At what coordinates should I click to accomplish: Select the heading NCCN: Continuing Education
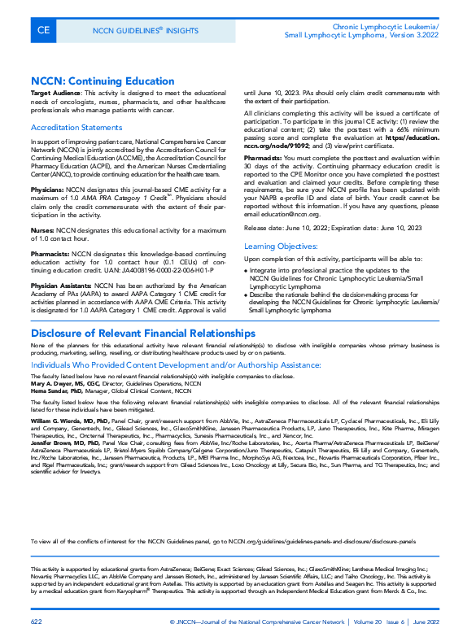(103, 81)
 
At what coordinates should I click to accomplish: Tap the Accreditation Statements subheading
(76, 128)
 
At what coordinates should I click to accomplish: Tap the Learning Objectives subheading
(282, 245)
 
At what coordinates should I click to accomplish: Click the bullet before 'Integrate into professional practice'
(247, 270)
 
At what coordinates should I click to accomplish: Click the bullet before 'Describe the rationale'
(247, 294)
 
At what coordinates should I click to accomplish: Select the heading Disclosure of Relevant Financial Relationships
(142, 334)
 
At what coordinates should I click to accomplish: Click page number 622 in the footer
(36, 622)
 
